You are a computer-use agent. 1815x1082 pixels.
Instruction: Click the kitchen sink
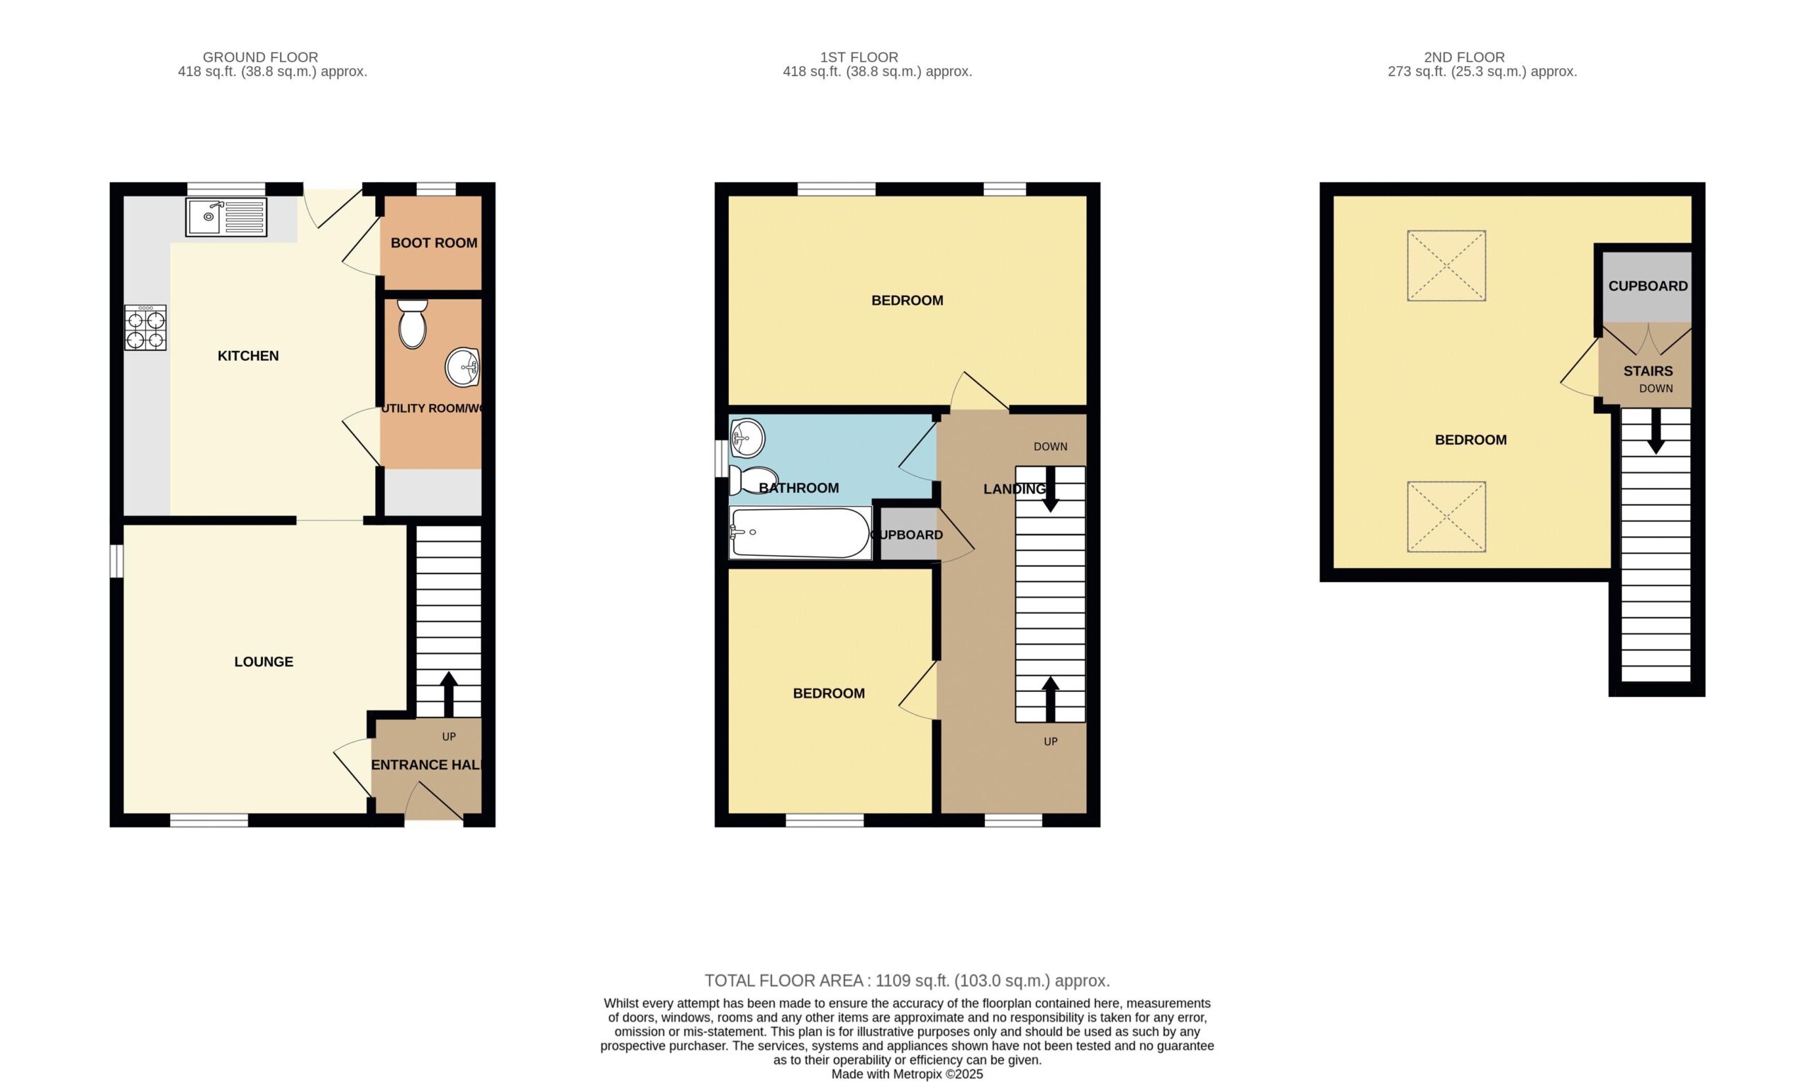pos(226,216)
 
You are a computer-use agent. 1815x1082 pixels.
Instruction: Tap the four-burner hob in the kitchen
pos(146,328)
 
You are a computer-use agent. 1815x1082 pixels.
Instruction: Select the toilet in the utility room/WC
pos(413,324)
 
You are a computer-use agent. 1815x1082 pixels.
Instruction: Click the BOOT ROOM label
pos(434,242)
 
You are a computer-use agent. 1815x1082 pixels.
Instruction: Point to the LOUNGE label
pos(264,662)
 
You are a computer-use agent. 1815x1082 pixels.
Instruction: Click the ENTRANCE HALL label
pos(426,765)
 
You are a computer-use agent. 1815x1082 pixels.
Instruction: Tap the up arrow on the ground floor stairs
pos(448,694)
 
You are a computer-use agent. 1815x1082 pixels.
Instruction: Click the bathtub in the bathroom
pos(800,532)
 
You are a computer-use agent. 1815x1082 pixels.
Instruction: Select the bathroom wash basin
pos(747,437)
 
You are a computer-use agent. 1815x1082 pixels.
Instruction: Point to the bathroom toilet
pos(753,480)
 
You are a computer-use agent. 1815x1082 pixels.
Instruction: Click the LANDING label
pos(1015,489)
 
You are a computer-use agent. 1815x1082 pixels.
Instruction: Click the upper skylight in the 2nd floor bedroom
pos(1446,265)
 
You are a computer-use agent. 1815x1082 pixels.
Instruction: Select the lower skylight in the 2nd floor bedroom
pos(1446,516)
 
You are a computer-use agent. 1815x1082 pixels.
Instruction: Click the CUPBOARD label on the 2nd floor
pos(1648,286)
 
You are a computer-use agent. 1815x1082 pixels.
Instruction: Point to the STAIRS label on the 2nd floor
pos(1648,371)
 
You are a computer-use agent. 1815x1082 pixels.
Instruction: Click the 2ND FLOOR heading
pos(1464,57)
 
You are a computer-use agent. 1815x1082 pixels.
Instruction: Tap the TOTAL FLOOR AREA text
pos(907,981)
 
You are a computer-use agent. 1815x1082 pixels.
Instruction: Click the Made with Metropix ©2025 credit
pos(907,1074)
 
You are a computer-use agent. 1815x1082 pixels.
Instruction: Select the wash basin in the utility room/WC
pos(462,367)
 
